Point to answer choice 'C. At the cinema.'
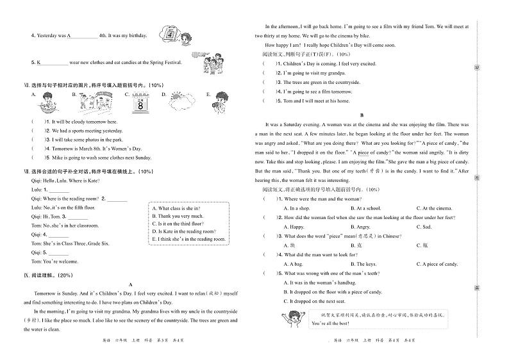(x=434, y=208)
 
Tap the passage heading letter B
(x=362, y=115)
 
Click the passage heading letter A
(x=130, y=284)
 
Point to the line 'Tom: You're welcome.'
(x=54, y=261)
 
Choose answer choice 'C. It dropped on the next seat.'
(x=318, y=301)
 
